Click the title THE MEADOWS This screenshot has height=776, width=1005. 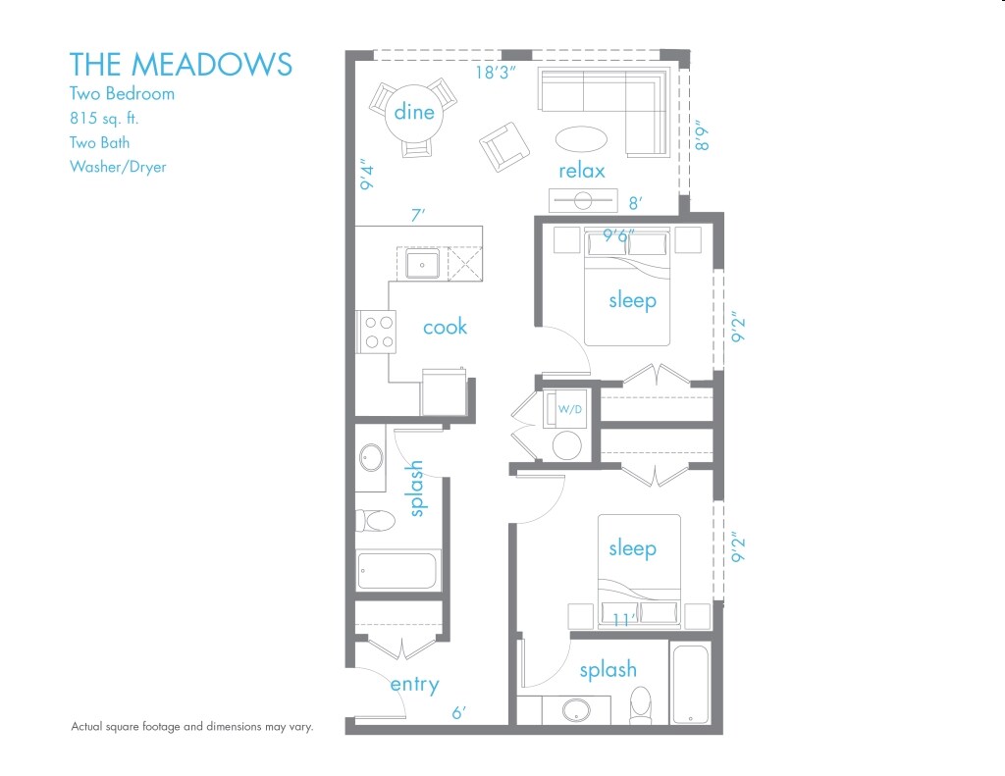[x=181, y=64]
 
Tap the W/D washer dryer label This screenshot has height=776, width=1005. [x=570, y=408]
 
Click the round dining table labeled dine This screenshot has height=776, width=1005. [x=413, y=112]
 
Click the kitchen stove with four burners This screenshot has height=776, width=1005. [x=376, y=331]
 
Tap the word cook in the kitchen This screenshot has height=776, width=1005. [x=445, y=327]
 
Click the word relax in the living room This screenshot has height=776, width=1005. [x=581, y=171]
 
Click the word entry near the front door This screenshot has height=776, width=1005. [x=414, y=684]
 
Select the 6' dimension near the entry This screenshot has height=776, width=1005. [x=458, y=714]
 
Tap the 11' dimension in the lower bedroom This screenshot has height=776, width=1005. [x=619, y=620]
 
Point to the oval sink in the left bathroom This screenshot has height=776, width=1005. [x=372, y=456]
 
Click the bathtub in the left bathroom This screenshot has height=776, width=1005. [x=398, y=571]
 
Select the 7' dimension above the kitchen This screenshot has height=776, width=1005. [x=417, y=213]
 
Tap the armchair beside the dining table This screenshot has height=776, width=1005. [x=503, y=147]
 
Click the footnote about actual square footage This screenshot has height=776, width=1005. [x=191, y=727]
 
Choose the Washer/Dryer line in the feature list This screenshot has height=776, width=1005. [x=118, y=167]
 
